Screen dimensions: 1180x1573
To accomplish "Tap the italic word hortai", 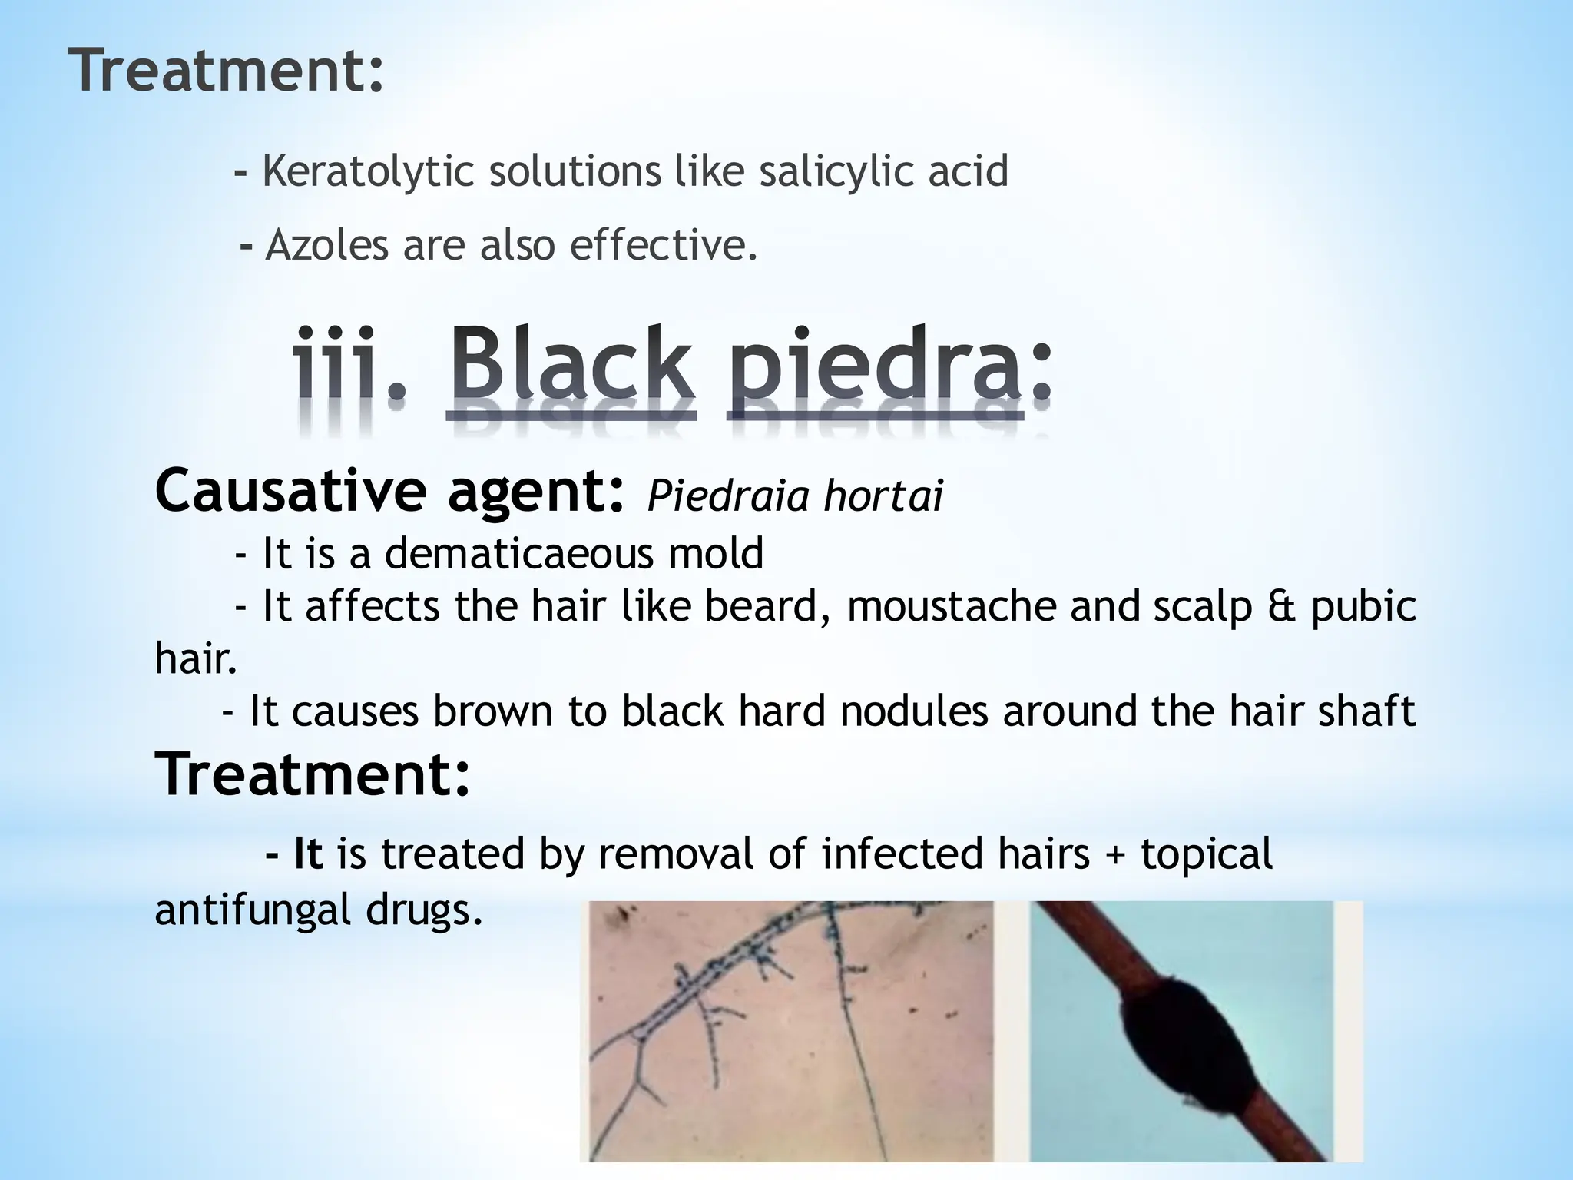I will pos(883,496).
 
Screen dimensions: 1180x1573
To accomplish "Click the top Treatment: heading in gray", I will pos(227,70).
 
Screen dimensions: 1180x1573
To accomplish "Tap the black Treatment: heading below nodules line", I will pos(313,774).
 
